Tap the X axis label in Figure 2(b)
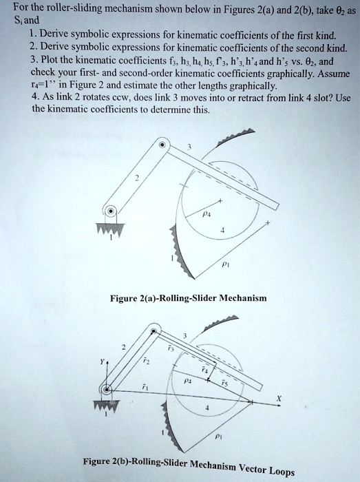tap(279, 397)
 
